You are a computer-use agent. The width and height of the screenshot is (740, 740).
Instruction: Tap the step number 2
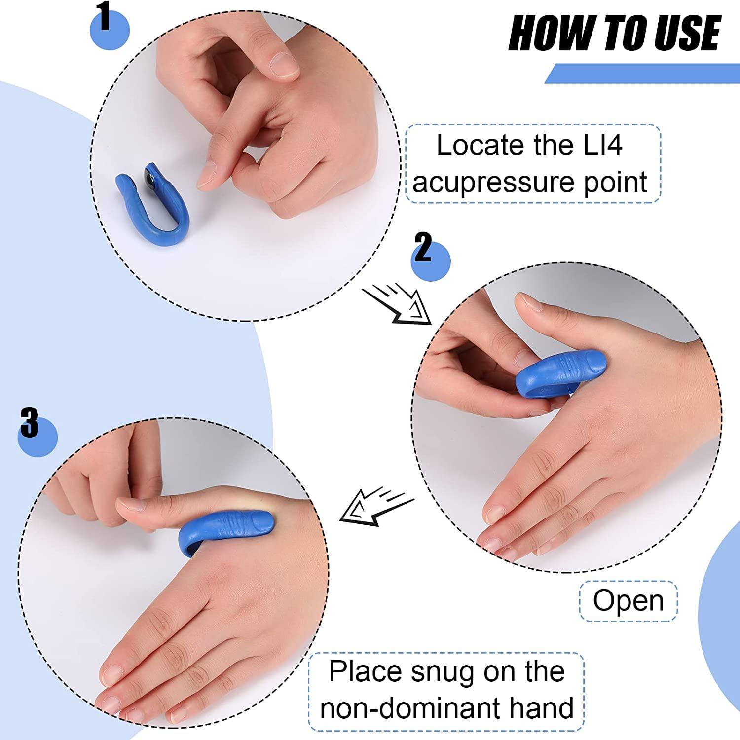[x=423, y=248]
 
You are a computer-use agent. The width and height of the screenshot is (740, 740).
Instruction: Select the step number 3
[x=29, y=422]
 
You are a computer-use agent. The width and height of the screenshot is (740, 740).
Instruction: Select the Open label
[x=628, y=601]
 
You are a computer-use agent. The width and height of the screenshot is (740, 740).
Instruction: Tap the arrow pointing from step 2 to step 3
[x=376, y=506]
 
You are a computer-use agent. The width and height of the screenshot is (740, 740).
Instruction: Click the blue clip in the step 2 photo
[x=553, y=375]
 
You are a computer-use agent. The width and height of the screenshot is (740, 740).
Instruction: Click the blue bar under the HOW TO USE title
[x=641, y=74]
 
